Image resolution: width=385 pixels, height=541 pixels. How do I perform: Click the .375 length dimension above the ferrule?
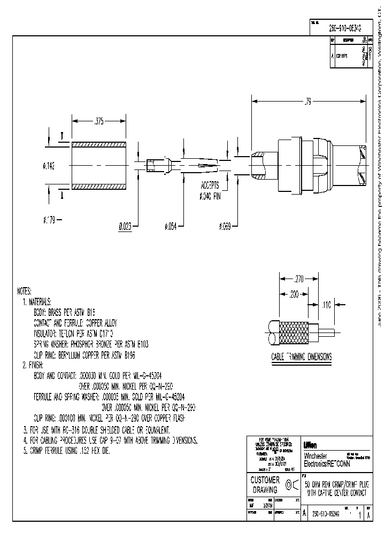[98, 122]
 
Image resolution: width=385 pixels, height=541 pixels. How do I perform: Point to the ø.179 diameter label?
[49, 219]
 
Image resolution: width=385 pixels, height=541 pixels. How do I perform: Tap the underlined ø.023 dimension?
[125, 226]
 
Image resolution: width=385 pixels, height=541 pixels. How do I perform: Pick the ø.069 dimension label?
[225, 226]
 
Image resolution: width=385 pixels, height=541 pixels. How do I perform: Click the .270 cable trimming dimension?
[299, 278]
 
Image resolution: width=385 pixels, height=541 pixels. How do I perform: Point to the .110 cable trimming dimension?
[326, 305]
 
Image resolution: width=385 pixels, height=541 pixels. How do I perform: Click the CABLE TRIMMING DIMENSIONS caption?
[301, 357]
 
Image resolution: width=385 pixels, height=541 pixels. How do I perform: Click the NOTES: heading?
[25, 292]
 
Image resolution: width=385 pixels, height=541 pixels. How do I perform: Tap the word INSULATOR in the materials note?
[47, 331]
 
